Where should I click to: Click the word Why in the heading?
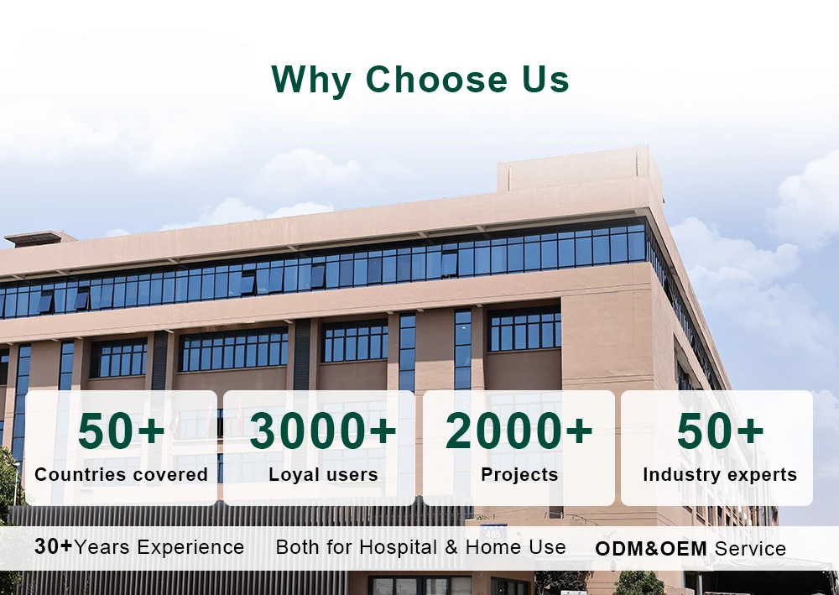311,80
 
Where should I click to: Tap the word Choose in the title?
436,79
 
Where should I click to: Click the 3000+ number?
323,431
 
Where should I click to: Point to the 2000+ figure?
519,431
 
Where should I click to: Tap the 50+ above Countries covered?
121,431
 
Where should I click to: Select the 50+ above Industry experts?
720,431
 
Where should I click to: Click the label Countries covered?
121,475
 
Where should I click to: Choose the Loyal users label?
323,475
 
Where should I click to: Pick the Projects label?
519,475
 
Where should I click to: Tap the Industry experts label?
720,475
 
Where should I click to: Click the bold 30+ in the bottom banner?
53,547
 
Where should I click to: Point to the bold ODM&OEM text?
651,549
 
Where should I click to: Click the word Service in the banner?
750,549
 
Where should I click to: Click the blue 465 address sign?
492,534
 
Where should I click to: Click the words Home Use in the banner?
515,547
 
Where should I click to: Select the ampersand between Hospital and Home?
451,547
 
